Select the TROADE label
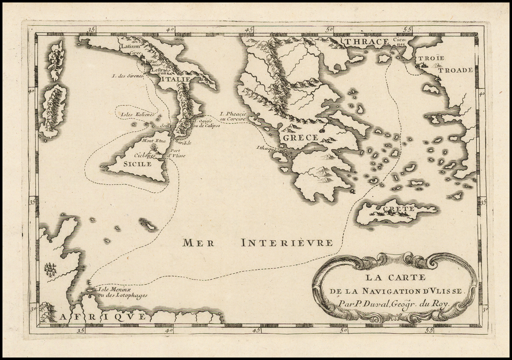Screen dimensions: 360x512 point(455,70)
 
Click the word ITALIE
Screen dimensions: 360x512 point(175,79)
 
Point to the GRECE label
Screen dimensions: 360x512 point(300,137)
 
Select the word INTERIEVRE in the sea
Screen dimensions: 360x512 point(286,243)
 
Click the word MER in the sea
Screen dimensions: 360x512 point(198,243)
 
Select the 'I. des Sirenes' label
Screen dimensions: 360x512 point(128,76)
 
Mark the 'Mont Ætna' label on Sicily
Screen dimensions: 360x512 point(153,141)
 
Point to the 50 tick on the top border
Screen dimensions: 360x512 point(328,29)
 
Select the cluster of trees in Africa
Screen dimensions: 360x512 point(50,270)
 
